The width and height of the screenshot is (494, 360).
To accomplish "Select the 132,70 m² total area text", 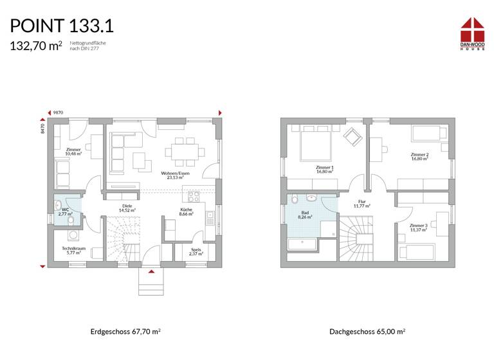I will click(x=35, y=46).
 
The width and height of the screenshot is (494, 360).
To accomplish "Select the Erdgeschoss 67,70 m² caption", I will click(x=125, y=332).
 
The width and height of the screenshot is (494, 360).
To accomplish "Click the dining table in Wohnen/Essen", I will click(x=180, y=152).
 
